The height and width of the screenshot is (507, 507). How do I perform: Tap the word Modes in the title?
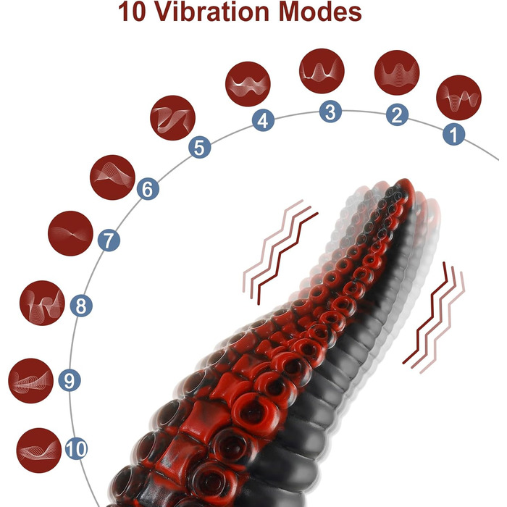[319, 12]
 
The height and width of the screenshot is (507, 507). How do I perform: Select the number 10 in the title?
[133, 12]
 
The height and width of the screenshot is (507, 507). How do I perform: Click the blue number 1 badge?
[453, 134]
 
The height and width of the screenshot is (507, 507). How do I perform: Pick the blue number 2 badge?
[397, 114]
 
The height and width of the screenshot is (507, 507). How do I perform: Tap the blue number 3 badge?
[330, 112]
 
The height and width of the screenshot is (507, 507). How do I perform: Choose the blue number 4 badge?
[263, 120]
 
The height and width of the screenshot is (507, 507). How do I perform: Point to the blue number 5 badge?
[199, 147]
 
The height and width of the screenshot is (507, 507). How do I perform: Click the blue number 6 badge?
[148, 189]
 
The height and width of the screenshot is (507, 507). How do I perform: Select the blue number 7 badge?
[109, 240]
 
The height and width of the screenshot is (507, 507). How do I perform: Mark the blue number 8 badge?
[81, 306]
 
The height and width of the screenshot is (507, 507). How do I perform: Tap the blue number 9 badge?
[70, 380]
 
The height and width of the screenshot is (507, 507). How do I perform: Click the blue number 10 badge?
[76, 448]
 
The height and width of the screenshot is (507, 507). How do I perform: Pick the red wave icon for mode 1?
[458, 98]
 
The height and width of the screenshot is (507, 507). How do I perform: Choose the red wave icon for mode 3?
[322, 71]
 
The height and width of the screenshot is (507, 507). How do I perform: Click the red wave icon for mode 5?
[172, 117]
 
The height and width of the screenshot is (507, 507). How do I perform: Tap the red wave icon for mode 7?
[70, 233]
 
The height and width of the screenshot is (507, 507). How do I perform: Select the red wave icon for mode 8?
[42, 303]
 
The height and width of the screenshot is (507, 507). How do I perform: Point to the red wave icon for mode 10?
[39, 451]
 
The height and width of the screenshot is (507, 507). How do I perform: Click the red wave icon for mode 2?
[397, 72]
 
